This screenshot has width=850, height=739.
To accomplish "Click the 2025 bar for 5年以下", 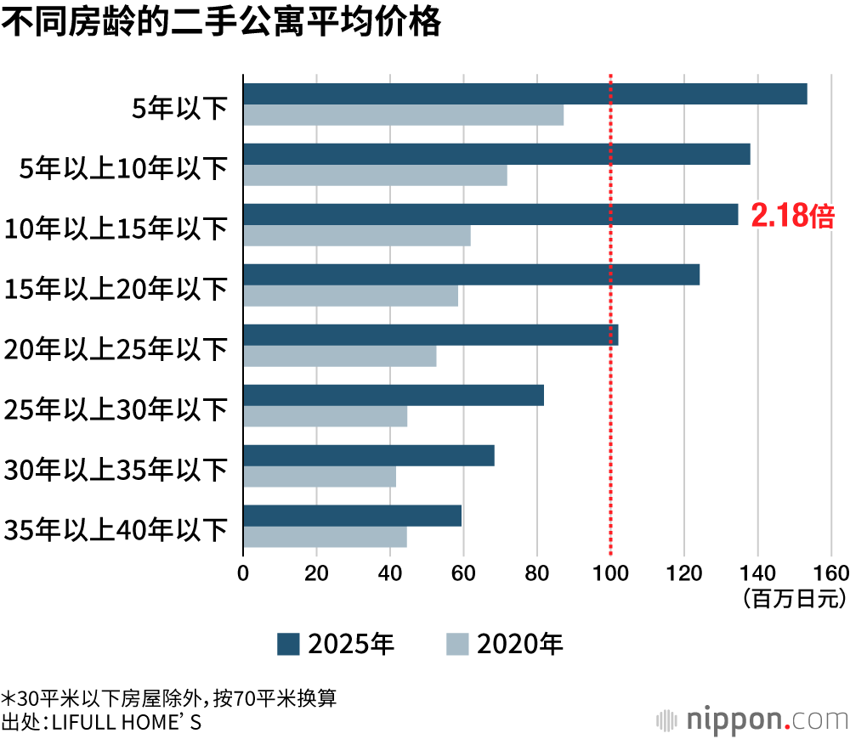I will [524, 94].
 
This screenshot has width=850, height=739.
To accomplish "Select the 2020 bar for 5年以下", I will [403, 115].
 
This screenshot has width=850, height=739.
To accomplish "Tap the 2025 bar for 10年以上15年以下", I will [490, 215].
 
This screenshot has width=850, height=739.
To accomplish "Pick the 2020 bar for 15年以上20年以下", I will [350, 296].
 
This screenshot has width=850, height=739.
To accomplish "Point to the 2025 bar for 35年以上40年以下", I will [352, 516].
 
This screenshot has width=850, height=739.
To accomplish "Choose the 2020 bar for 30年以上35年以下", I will [320, 477].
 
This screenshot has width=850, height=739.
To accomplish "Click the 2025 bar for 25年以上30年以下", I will [394, 396].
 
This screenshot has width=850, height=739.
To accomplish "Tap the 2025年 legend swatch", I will [288, 645].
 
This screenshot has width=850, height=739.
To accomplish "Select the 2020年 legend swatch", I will [457, 645].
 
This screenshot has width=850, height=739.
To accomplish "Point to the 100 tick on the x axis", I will [610, 571].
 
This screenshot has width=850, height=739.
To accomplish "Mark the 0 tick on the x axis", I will [243, 571].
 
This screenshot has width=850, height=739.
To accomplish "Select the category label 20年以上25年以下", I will [116, 349].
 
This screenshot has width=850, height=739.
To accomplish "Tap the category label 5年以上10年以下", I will [124, 169].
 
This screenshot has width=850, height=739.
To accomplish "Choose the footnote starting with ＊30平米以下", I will [170, 698].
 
